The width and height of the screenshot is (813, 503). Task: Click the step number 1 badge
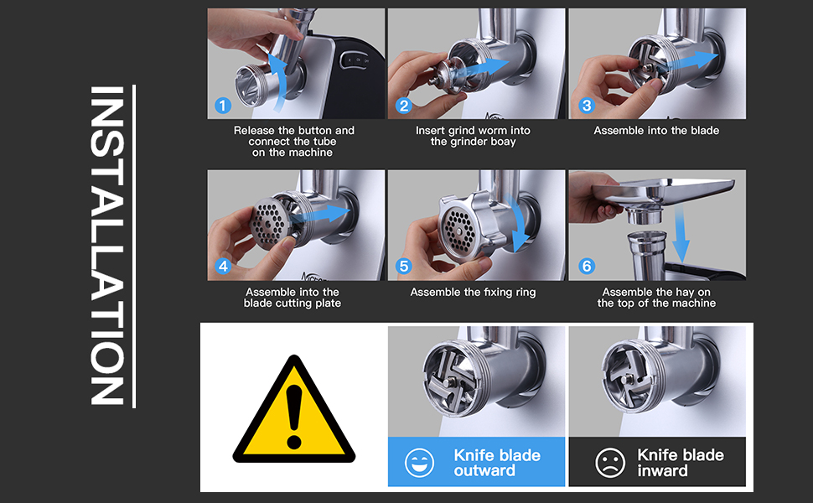[223, 106]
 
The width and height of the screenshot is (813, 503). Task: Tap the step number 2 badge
[403, 106]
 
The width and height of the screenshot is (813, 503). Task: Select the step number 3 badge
[587, 106]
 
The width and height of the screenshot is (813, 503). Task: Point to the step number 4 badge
[223, 266]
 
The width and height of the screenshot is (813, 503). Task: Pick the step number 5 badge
[403, 266]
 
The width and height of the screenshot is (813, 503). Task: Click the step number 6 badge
[587, 266]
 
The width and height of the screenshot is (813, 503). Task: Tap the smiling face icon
[419, 463]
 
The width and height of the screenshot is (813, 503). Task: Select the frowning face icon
[610, 463]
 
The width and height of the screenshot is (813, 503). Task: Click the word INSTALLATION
[107, 246]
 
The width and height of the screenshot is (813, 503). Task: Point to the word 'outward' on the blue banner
[484, 470]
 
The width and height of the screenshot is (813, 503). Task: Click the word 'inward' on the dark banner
[662, 470]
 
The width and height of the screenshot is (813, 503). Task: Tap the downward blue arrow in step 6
[681, 231]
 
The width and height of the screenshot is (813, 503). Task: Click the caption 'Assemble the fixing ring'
[473, 292]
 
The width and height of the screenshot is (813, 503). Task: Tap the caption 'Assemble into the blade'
[656, 130]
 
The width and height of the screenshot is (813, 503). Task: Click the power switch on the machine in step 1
[357, 60]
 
